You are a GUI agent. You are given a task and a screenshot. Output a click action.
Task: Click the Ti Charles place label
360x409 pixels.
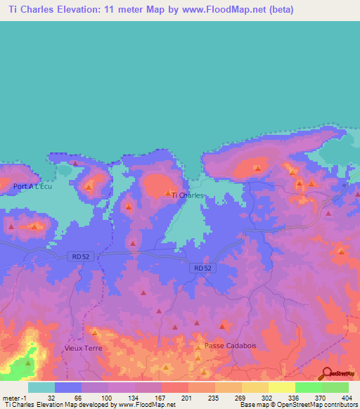click(x=188, y=195)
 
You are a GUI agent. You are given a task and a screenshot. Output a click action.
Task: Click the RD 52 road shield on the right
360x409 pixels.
click(x=202, y=268)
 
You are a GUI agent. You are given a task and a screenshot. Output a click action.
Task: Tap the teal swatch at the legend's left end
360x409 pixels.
click(x=41, y=387)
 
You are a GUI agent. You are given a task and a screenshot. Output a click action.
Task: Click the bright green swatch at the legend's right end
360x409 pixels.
click(x=335, y=387)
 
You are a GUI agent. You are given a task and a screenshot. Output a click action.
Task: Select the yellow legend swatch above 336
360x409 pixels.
click(x=282, y=387)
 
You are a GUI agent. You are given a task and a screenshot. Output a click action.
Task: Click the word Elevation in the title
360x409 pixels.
click(x=79, y=9)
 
